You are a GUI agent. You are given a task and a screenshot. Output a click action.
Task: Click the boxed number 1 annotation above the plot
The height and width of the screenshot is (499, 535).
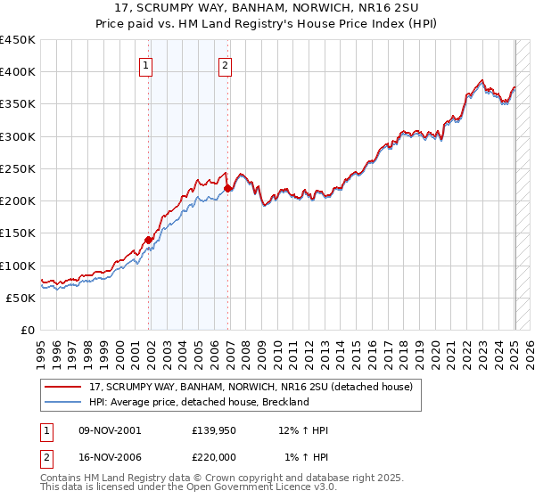point(145,64)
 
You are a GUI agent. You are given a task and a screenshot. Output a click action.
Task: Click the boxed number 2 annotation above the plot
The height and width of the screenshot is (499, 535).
point(225,64)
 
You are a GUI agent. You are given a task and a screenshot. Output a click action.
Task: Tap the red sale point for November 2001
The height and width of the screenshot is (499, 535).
point(149,239)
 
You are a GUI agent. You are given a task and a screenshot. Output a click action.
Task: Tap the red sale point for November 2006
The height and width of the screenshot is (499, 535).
point(228,188)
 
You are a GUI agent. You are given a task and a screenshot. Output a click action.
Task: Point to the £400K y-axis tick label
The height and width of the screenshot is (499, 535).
point(18,72)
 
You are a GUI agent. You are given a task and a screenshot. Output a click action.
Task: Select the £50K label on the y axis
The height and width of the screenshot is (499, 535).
point(21,299)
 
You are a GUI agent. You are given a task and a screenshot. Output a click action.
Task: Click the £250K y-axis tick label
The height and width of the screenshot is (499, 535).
point(18,168)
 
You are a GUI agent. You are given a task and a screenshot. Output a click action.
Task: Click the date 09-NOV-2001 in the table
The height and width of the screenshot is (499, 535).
point(110,430)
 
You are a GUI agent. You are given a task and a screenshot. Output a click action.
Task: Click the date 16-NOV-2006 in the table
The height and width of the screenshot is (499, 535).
point(110,457)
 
